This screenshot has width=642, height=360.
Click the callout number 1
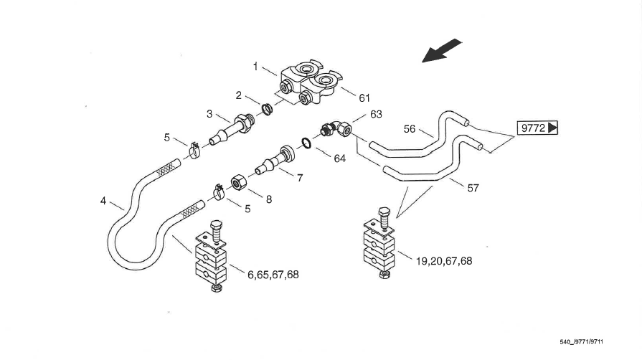tap(255, 67)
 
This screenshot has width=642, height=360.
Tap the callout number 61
tap(364, 98)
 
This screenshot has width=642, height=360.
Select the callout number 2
tap(238, 95)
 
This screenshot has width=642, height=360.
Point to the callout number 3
tap(209, 113)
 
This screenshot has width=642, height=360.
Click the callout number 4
tap(104, 202)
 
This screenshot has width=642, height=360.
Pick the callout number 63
tap(377, 114)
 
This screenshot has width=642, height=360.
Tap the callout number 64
tap(339, 158)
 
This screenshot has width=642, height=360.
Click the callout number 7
tap(299, 177)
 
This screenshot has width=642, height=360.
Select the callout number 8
tap(268, 199)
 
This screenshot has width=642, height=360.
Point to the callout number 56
tap(410, 129)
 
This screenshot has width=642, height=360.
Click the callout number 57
tap(473, 188)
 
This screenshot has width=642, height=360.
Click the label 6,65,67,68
tap(273, 275)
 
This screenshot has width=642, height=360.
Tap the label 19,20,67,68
tap(443, 261)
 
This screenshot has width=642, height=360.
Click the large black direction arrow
tap(441, 52)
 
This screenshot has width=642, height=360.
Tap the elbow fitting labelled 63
tap(334, 128)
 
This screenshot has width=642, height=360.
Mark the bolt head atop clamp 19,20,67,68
tap(383, 212)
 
